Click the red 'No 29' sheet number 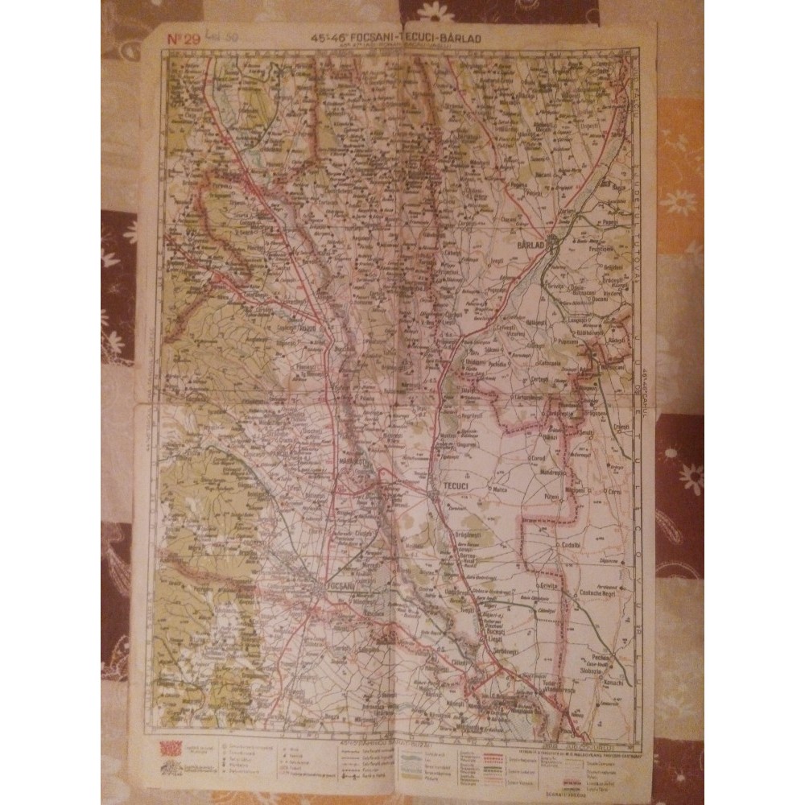coord(184,37)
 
